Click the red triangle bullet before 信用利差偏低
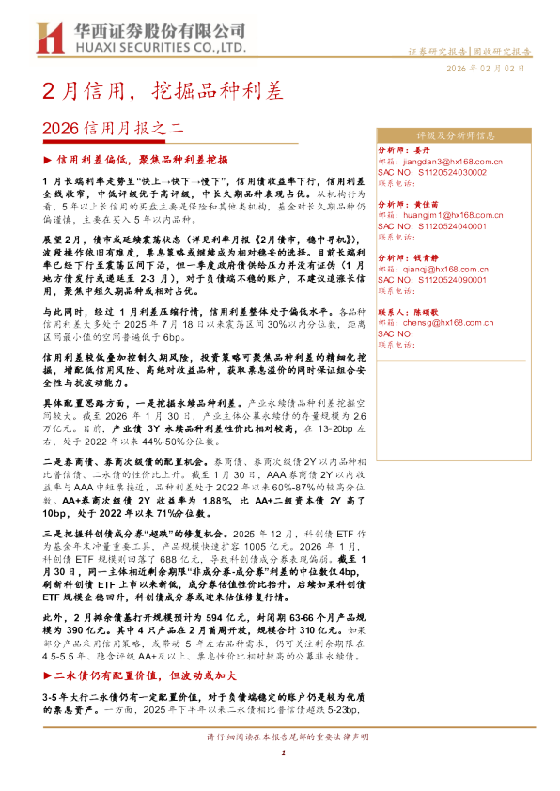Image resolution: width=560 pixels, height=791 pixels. (48, 161)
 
